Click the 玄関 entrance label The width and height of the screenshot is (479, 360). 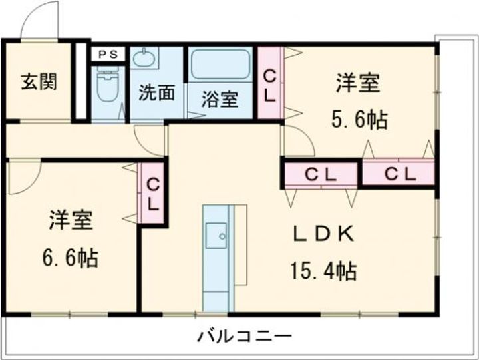pos(38,82)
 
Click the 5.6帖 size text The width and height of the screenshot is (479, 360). pos(360,120)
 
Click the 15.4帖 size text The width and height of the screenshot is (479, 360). pos(322,271)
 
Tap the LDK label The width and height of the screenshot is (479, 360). pos(323,235)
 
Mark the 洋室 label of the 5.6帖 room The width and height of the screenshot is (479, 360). pos(358,85)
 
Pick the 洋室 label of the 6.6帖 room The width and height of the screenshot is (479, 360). pos(71,221)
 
